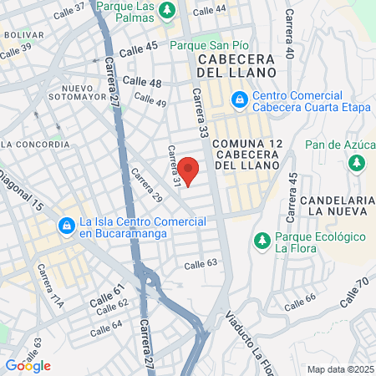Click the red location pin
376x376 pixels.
click(190, 170)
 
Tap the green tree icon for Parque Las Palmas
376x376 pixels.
click(167, 10)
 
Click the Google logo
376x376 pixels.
click(28, 365)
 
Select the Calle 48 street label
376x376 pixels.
click(141, 82)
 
